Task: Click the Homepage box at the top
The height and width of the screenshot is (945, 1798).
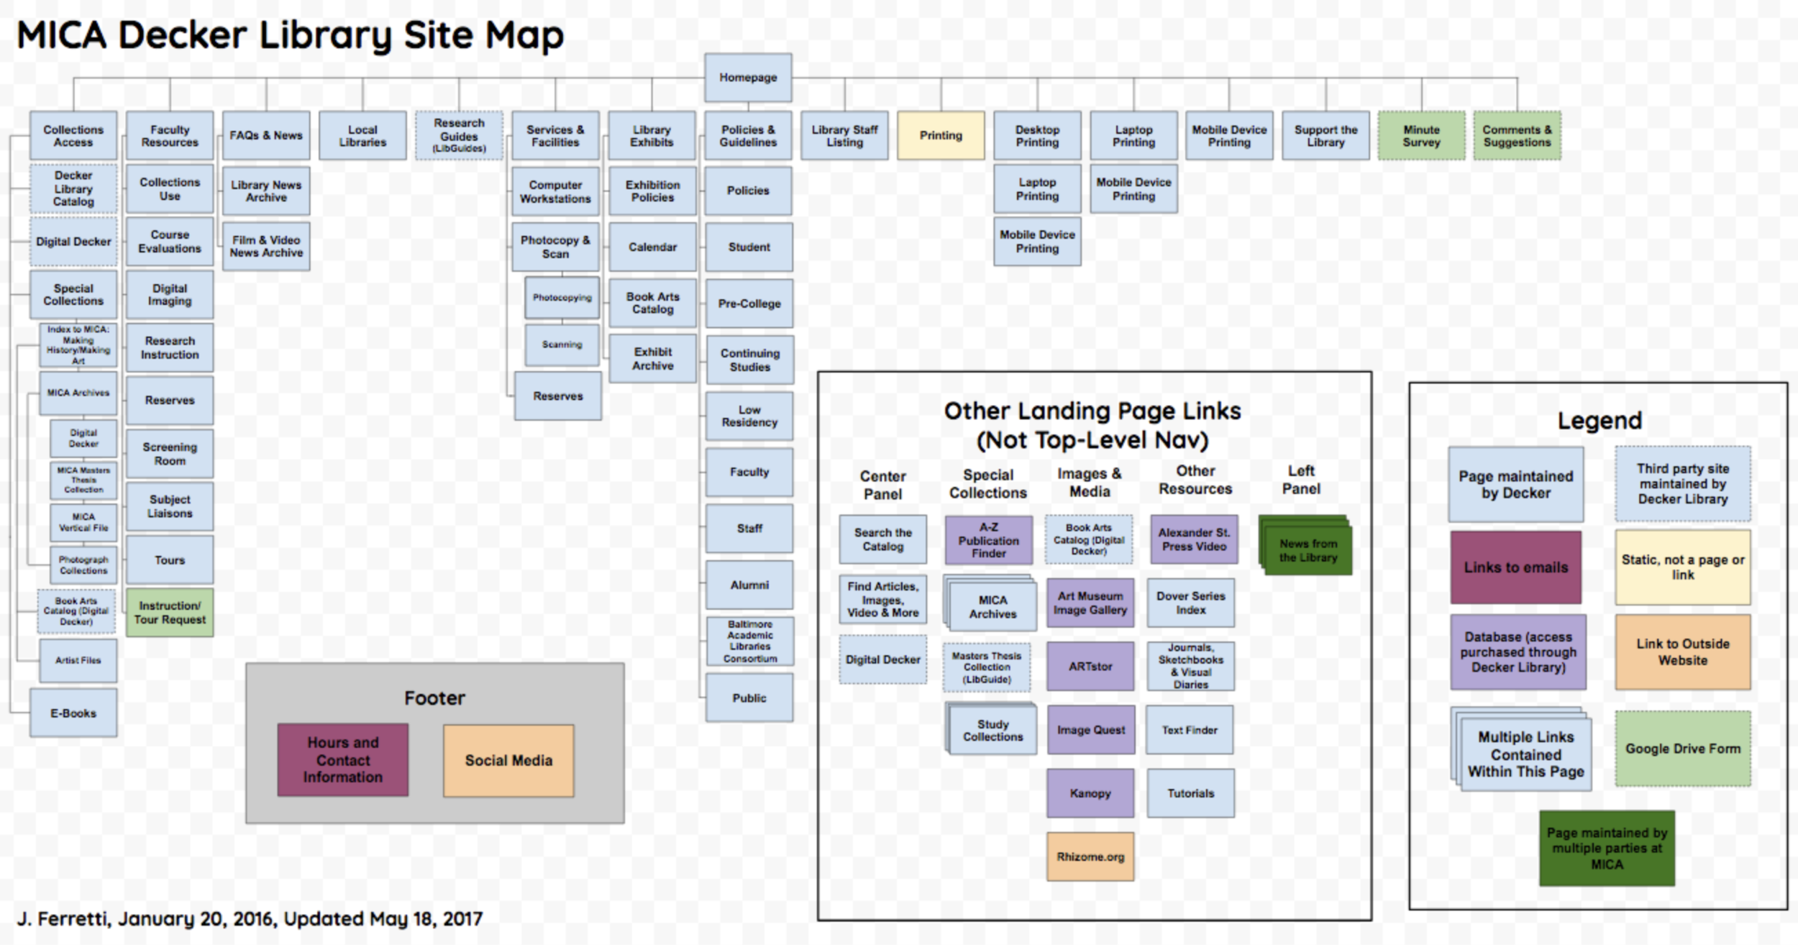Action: tap(748, 78)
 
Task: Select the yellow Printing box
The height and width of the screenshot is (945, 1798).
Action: tap(941, 135)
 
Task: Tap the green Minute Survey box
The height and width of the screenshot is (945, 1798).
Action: tap(1421, 135)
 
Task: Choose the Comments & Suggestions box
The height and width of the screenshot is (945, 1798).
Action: tap(1517, 135)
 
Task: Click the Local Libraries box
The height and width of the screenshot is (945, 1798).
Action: tap(362, 135)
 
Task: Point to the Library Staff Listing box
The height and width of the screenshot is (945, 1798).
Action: tap(844, 135)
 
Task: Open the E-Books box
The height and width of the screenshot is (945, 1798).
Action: tap(73, 713)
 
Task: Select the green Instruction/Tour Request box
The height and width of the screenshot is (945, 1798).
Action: tap(170, 612)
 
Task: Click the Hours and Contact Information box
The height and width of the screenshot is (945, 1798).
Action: tap(343, 759)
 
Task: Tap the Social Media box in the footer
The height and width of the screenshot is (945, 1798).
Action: tap(508, 760)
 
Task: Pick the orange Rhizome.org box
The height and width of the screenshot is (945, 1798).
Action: tap(1090, 857)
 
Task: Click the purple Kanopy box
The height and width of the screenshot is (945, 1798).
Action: tap(1090, 793)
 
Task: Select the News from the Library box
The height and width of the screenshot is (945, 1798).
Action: tap(1308, 550)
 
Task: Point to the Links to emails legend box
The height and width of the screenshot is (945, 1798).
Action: tap(1516, 567)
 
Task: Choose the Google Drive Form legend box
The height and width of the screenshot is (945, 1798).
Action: tap(1683, 749)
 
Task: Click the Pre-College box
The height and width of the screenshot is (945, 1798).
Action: tap(749, 303)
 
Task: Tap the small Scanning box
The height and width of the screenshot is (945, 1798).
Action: tap(562, 344)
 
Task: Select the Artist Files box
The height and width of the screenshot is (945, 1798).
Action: tap(78, 660)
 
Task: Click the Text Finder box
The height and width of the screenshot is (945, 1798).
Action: tap(1190, 730)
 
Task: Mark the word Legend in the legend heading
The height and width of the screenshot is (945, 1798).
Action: tap(1600, 421)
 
